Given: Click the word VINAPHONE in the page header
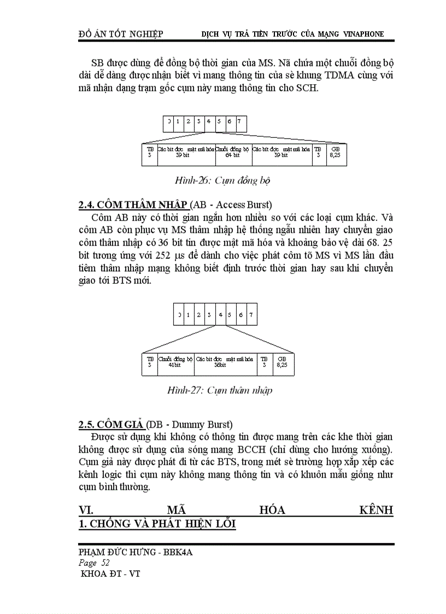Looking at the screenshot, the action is coord(363,34).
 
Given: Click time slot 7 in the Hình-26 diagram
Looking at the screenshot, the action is coord(238,121).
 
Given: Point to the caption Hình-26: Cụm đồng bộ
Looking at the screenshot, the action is coord(223,180).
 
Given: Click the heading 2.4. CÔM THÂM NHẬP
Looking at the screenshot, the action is coord(134,205).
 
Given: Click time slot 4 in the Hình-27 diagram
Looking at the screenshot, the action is coord(220,315).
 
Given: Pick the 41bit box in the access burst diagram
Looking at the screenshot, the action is coord(175,362).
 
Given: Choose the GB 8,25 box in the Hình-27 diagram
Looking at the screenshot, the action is coord(281,362).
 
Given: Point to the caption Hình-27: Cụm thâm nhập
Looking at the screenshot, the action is coord(219,390).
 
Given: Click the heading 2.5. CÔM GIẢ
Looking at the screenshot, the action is coord(111,424).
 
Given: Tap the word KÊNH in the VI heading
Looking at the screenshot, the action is coord(376,510).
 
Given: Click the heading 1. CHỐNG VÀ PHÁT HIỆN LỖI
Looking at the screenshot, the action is coord(157,524).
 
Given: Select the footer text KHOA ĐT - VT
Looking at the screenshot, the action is coord(110,574).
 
